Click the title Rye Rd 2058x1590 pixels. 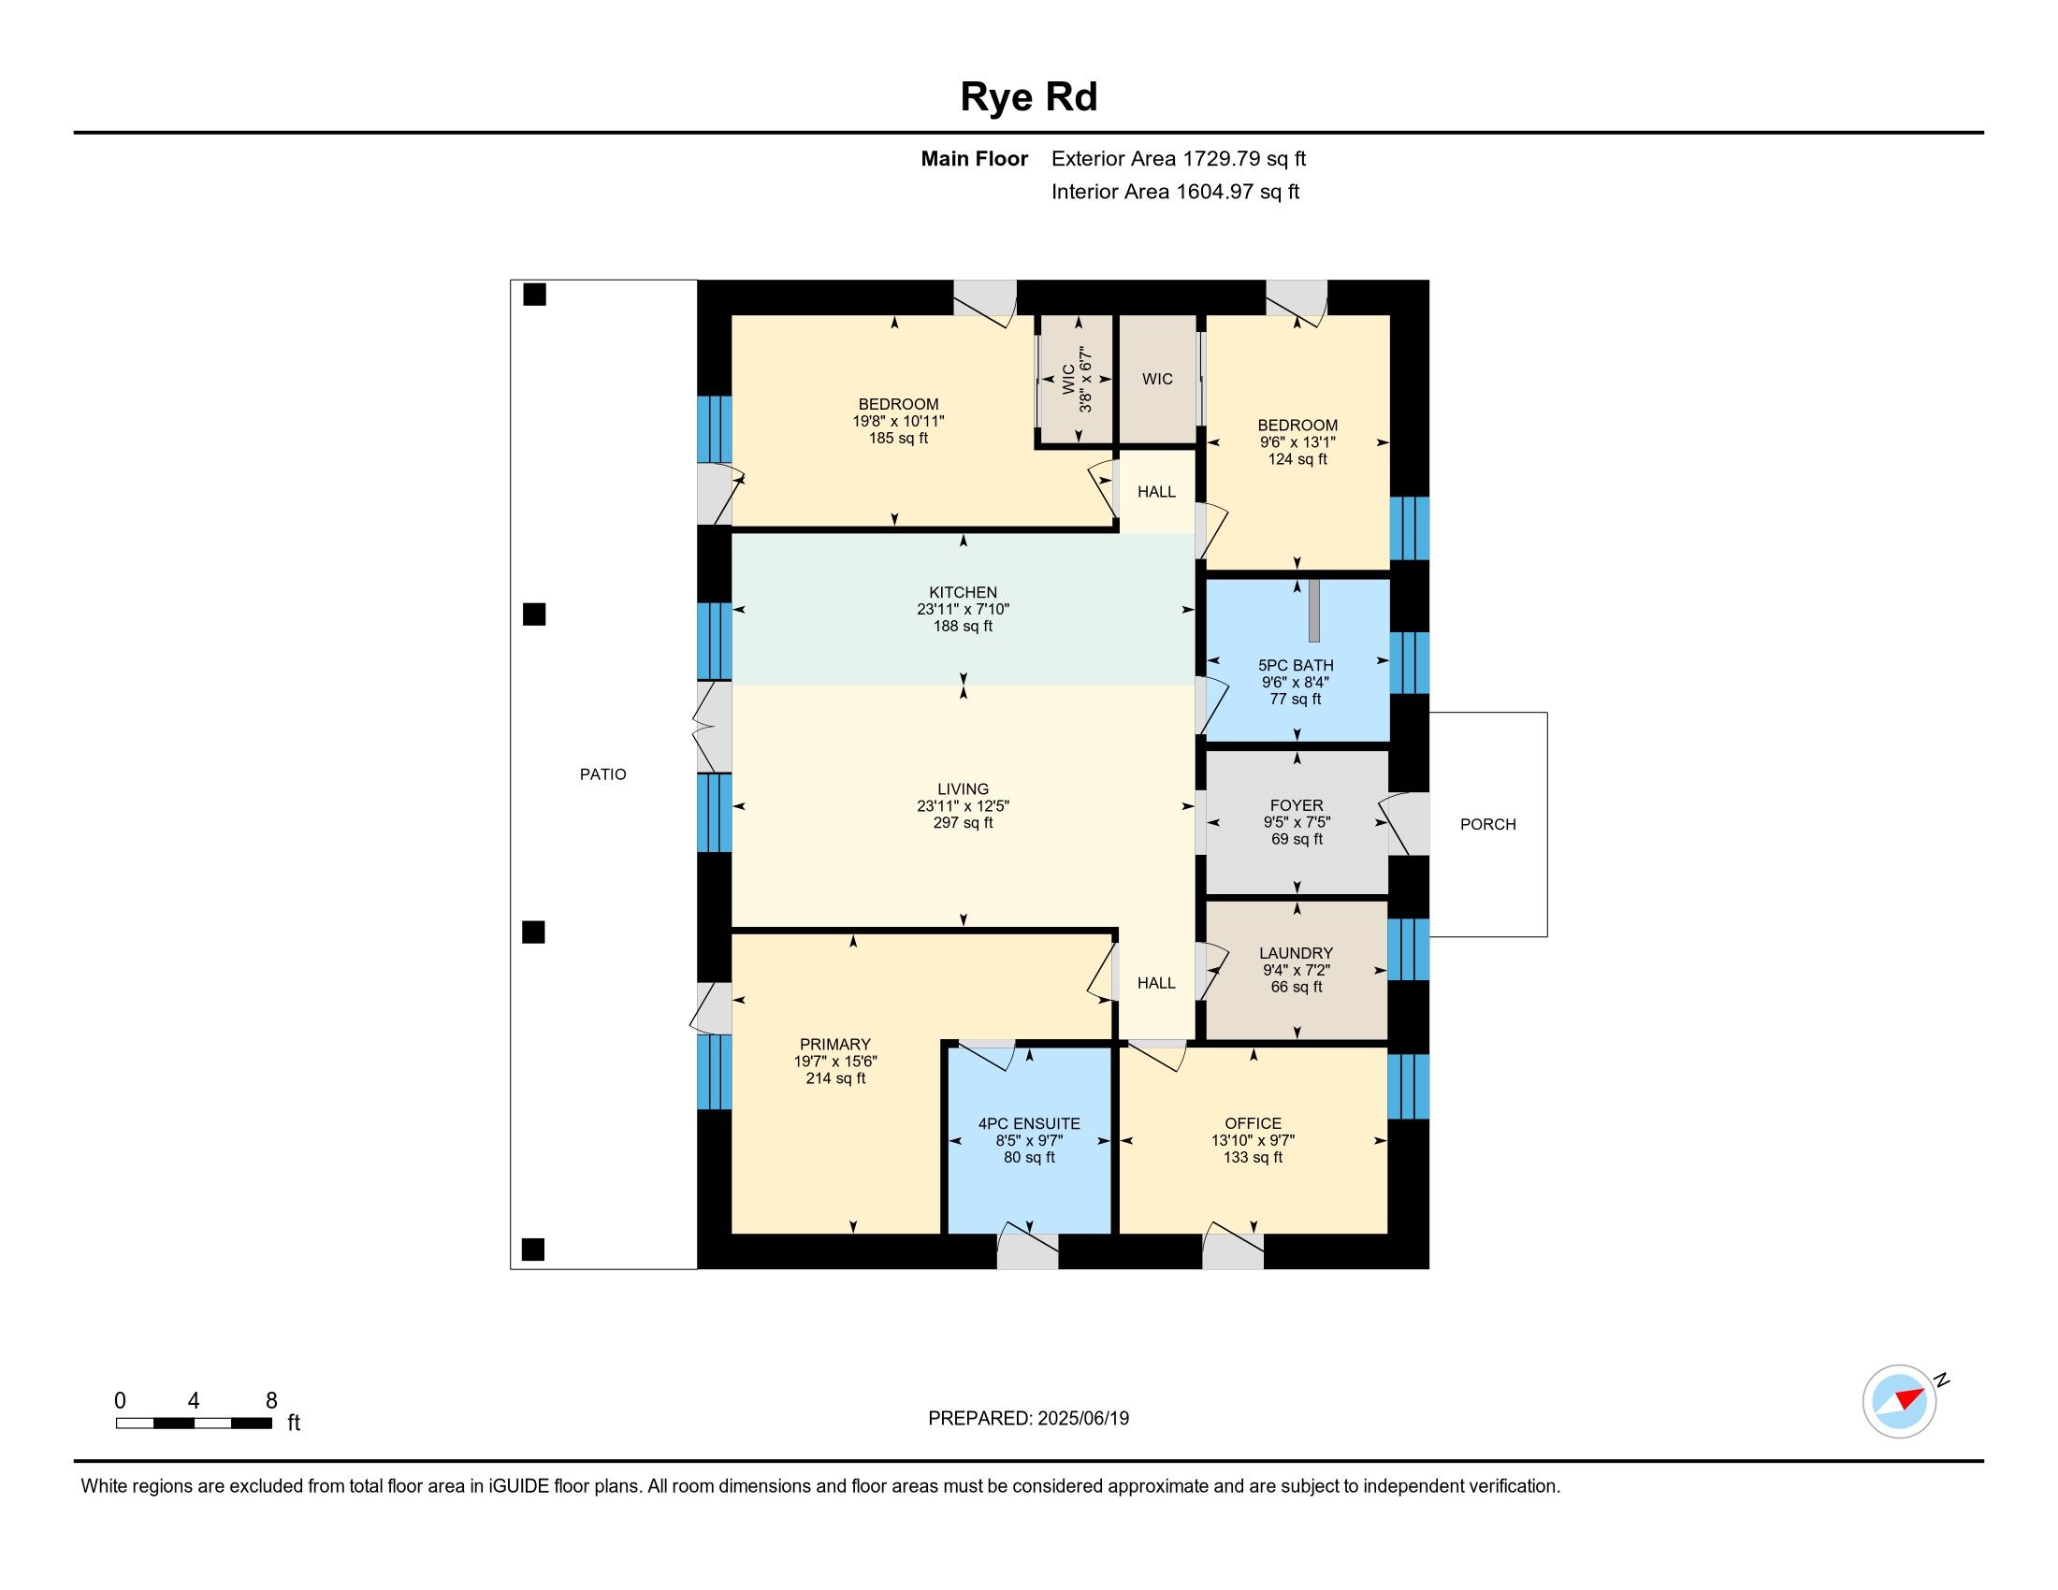click(1028, 97)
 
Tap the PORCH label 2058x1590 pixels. click(1488, 824)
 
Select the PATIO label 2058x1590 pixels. click(603, 774)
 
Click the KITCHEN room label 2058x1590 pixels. click(963, 592)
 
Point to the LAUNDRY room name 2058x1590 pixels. click(1297, 953)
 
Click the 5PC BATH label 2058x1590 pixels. click(1297, 665)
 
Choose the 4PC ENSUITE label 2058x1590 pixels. click(1029, 1123)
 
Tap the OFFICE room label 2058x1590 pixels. click(1254, 1123)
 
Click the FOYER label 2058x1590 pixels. click(1297, 805)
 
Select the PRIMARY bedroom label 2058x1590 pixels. click(834, 1045)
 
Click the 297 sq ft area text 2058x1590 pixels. click(963, 823)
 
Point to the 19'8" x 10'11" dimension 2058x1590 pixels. click(898, 422)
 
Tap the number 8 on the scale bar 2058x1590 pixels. click(271, 1401)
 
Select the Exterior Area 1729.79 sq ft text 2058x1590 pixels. click(1179, 159)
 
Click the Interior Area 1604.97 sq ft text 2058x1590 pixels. click(1175, 192)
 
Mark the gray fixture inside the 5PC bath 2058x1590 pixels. click(1314, 612)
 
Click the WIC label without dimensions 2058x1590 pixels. click(1157, 379)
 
